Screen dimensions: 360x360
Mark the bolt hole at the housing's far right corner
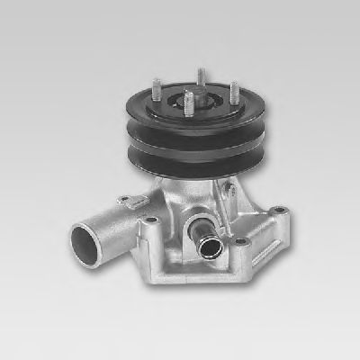coord(282,211)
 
